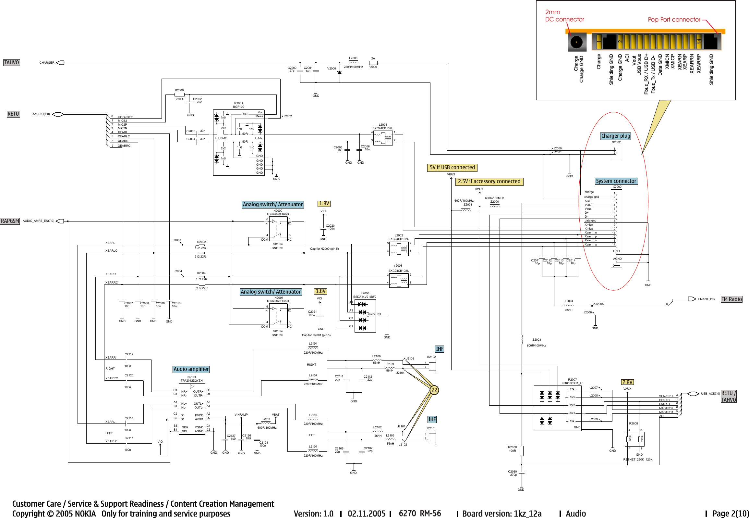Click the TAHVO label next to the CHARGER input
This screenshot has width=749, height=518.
coord(11,62)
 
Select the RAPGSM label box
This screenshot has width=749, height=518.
coord(10,221)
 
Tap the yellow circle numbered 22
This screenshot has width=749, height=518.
coord(434,390)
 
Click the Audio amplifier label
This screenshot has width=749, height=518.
coord(191,369)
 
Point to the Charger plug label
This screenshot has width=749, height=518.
coord(615,136)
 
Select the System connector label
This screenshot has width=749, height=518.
coord(616,181)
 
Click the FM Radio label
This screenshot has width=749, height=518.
coord(731,299)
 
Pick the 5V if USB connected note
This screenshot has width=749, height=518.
coord(452,167)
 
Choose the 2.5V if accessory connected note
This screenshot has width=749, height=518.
coord(489,181)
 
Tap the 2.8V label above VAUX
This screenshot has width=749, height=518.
coord(627,382)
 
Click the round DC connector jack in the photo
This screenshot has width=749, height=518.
coord(576,42)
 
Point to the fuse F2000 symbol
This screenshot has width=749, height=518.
coord(373,63)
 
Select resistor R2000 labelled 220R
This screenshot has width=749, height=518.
coord(179,95)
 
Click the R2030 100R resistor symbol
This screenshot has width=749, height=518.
coord(522,451)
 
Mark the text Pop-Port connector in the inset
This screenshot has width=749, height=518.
coord(674,19)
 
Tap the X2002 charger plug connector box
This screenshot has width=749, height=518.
coord(616,152)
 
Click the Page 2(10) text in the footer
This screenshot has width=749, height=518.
coord(731,513)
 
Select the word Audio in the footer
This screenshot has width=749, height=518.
coord(576,513)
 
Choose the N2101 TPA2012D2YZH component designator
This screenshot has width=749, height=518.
coord(192,379)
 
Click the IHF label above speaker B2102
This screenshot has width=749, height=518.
coord(440,349)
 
